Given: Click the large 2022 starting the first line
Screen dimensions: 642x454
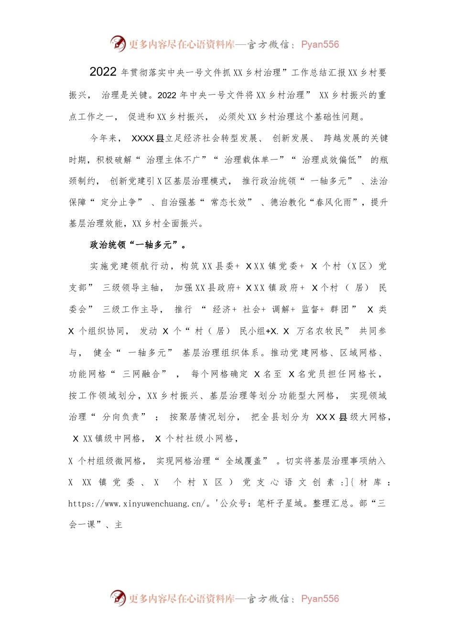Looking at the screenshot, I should pos(103,72).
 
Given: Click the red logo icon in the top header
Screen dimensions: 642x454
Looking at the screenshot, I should pos(118,43).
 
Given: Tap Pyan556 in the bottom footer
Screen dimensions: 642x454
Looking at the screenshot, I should pos(320,599).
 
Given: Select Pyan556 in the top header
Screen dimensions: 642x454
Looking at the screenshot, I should pos(320,44).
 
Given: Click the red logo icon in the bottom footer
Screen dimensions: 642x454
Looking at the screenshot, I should pos(118,598).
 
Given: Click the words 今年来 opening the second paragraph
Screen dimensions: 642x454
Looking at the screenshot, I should pos(103,139).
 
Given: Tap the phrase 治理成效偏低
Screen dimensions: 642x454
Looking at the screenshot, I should pos(329,160).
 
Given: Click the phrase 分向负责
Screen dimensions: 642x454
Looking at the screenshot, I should pos(121,417).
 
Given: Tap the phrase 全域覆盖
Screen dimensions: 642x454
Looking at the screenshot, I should pos(244,461).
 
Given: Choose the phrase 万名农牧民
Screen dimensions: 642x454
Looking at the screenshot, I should pos(320,331).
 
